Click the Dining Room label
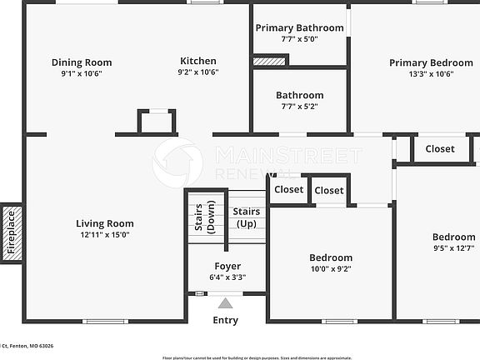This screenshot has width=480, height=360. [82, 62]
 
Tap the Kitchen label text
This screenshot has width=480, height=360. [198, 61]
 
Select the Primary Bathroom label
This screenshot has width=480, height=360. [299, 27]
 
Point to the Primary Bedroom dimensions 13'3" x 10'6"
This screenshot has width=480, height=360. [431, 74]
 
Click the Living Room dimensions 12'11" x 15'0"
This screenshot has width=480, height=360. [105, 235]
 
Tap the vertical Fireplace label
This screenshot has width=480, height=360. [12, 232]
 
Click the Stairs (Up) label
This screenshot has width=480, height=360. [246, 217]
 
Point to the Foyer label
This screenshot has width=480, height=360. [227, 267]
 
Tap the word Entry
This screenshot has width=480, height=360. [226, 320]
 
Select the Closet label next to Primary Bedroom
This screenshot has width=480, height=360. [440, 149]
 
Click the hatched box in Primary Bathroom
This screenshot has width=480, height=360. [268, 61]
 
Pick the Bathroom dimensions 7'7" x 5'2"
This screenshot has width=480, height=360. [299, 107]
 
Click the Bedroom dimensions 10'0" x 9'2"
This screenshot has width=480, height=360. [331, 269]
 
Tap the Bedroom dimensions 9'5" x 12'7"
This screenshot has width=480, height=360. [453, 248]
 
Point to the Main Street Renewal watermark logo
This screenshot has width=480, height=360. [177, 161]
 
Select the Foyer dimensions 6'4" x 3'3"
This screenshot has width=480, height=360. [227, 278]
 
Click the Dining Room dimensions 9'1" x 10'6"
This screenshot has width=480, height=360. [82, 73]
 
